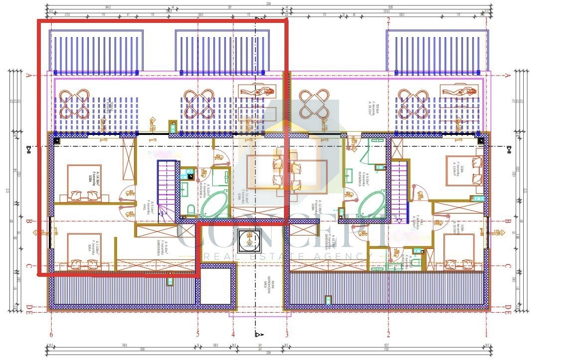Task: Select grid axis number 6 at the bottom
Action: click(51, 335)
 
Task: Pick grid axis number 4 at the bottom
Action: click(233, 335)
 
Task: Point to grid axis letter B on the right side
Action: click(508, 222)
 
